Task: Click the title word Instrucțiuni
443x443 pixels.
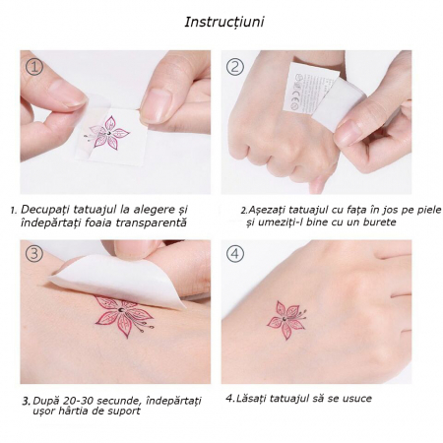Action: [x=224, y=22]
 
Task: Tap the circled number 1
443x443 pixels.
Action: [x=34, y=67]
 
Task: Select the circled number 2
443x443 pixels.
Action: [x=235, y=67]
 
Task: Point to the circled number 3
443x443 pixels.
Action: [x=34, y=254]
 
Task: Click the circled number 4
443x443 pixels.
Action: [x=235, y=254]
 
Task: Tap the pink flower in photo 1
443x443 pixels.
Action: [x=107, y=133]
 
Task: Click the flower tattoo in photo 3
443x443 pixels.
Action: [x=124, y=315]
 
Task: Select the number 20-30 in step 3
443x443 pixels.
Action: [x=79, y=401]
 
